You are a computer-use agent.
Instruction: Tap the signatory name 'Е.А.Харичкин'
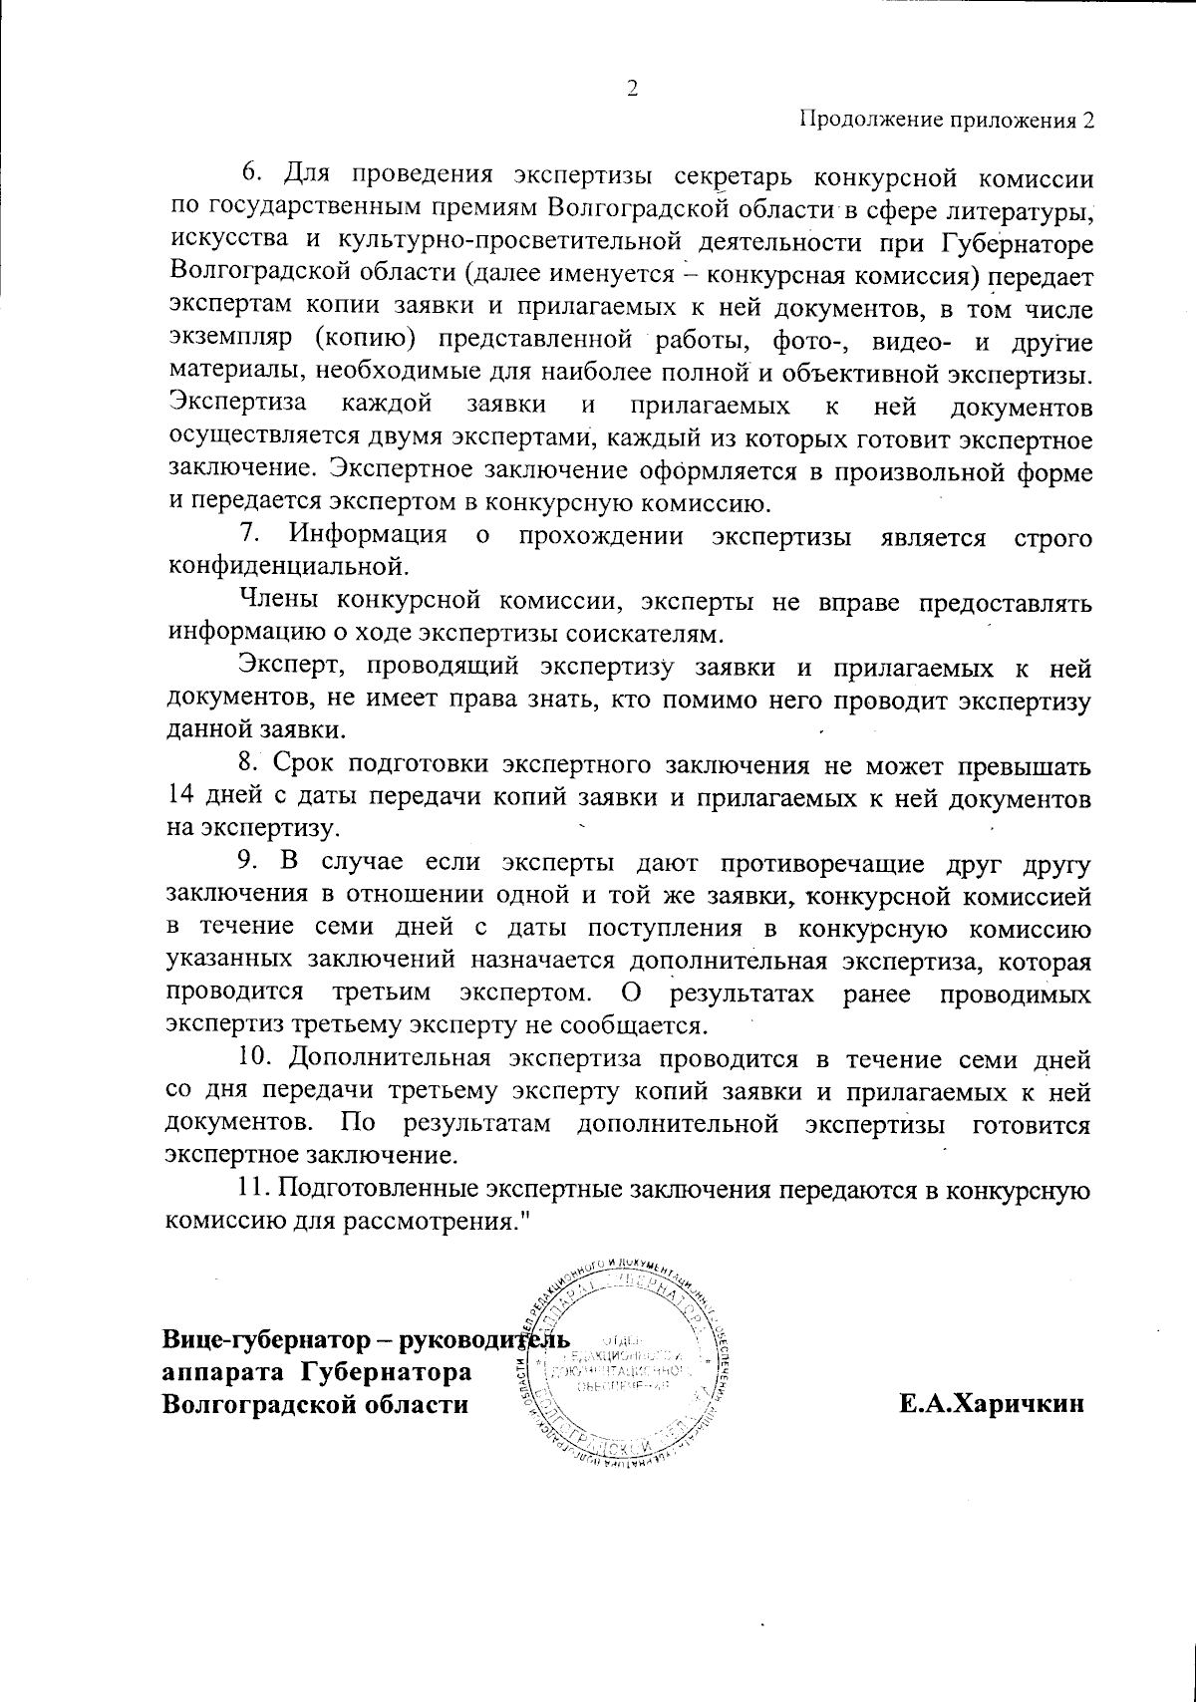(991, 1405)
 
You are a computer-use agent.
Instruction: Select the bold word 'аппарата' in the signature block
(212, 1372)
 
